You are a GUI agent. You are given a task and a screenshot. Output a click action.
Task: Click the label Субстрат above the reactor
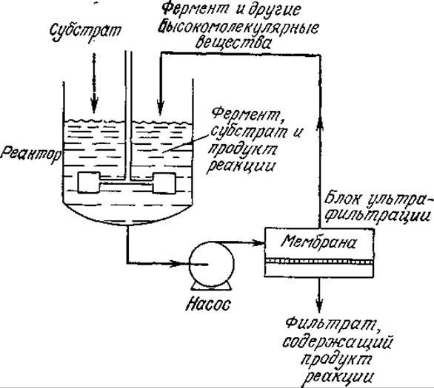pos(85,31)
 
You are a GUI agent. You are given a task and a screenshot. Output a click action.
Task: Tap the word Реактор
pos(30,154)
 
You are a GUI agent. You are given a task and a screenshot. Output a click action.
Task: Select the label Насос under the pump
pos(208,304)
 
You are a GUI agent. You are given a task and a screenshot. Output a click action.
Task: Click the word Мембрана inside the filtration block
pos(318,242)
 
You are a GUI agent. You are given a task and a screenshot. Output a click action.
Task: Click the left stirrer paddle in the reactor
pos(89,183)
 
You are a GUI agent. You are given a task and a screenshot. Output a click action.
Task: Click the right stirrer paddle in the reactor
pos(164,183)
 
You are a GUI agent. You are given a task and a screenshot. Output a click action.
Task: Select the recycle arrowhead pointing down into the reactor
pos(161,107)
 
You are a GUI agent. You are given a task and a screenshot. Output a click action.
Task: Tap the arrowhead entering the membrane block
pos(257,243)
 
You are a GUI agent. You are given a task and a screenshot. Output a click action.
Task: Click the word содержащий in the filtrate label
pos(338,342)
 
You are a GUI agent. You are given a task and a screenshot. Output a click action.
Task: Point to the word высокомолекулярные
pos(239,27)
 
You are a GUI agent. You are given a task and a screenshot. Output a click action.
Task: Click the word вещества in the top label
pos(233,43)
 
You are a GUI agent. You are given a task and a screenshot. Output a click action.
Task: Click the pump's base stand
pos(211,286)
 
